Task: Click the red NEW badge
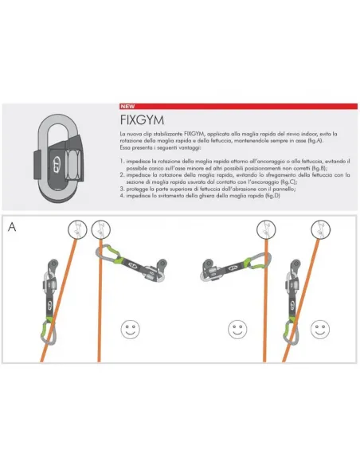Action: [127, 106]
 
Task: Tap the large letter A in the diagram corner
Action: [12, 226]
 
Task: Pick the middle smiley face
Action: [235, 326]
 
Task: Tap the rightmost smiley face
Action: [319, 326]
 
